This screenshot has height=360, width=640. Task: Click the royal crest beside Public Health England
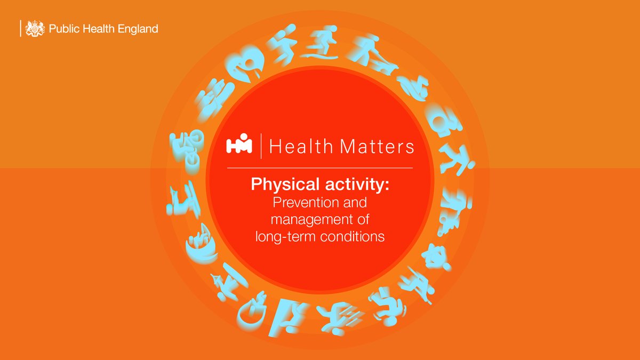tap(35, 28)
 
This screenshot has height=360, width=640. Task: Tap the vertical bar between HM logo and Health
tap(261, 146)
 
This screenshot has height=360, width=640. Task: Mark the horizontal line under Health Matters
tap(320, 168)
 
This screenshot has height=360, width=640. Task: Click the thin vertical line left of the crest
tap(20, 28)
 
